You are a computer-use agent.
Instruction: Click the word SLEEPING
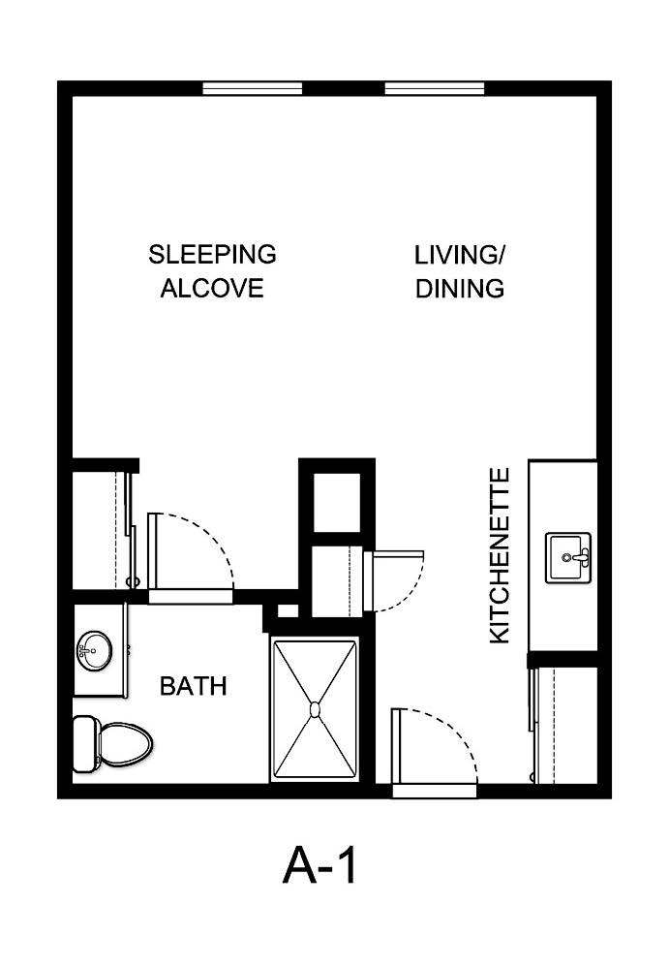(212, 255)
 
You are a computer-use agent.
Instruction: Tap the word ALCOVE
(212, 288)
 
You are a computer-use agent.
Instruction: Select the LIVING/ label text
(460, 255)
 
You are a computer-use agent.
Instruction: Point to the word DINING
(460, 288)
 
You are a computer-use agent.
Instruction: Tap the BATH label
(193, 687)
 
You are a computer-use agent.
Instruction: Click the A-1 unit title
(320, 864)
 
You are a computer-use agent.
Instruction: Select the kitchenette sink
(568, 558)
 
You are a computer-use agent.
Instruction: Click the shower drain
(315, 709)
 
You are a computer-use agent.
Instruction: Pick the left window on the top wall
(253, 88)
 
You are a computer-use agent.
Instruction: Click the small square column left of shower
(287, 611)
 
